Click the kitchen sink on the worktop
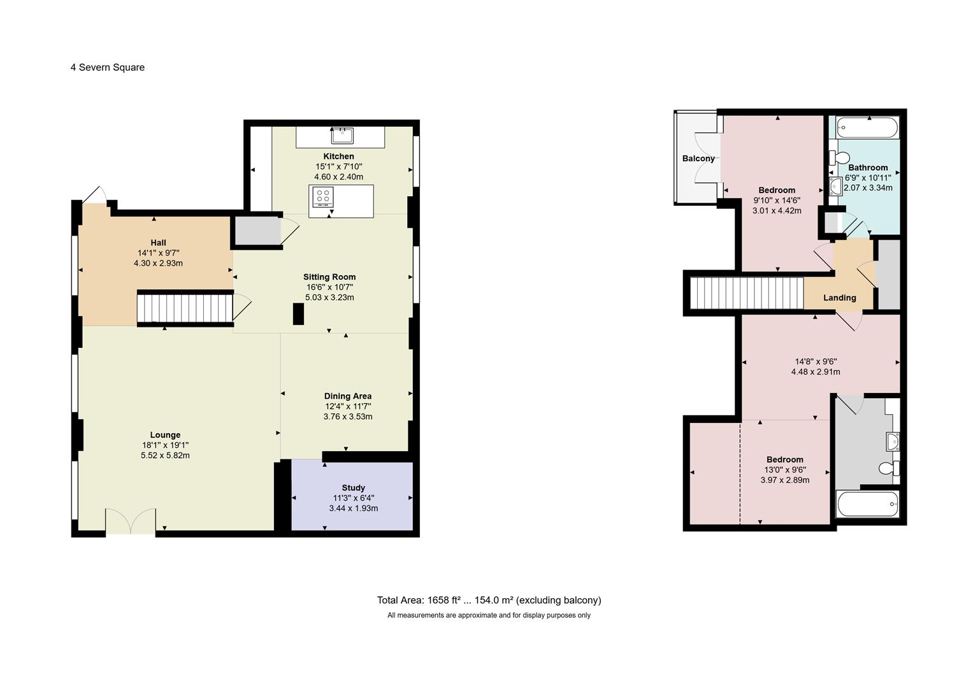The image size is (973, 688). coord(342,136)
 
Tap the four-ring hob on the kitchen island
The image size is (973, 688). coord(323,197)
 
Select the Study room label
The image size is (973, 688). coord(353,487)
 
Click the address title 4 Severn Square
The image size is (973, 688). coord(108,68)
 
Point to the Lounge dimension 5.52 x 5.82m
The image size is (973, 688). coord(165,455)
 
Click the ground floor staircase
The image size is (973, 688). coord(185,308)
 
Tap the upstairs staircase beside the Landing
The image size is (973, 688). coord(747,293)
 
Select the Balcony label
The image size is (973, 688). coord(698,159)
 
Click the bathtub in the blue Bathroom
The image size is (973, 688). coord(867,127)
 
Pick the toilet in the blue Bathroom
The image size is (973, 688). coord(839,158)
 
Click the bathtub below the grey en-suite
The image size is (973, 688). coord(868,505)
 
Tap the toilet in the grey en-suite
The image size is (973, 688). coord(889,468)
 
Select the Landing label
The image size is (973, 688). coord(840,298)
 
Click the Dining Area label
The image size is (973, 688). coord(348,396)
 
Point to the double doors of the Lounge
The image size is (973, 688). coord(131,520)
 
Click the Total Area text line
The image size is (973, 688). coord(489,600)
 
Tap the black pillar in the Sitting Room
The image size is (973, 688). coord(298,314)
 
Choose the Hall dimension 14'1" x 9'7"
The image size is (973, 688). coord(159,253)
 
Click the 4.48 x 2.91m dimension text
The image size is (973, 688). coord(816,372)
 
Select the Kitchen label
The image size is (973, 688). coord(339,156)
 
